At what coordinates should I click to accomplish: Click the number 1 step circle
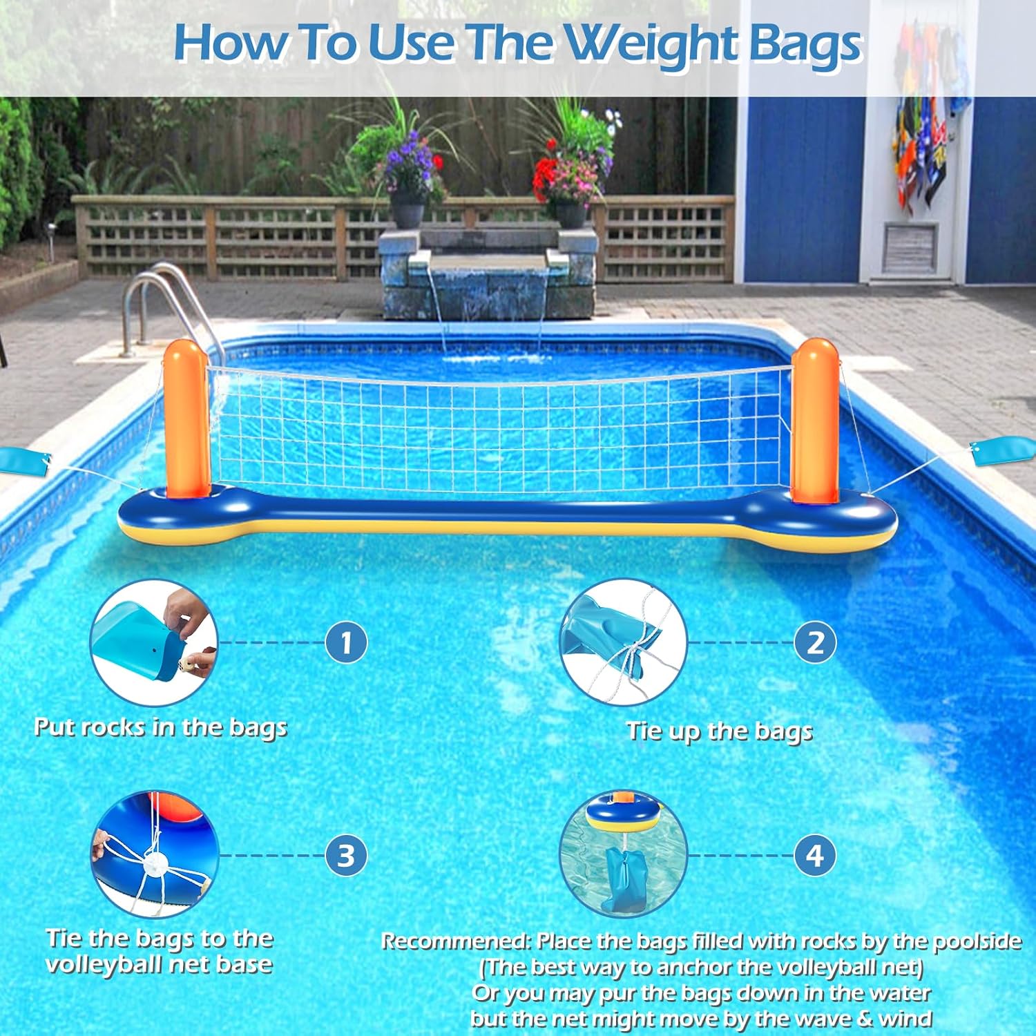(346, 642)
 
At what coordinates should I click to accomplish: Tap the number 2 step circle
(815, 642)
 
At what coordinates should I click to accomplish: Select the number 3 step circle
(346, 855)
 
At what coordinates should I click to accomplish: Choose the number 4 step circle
(815, 855)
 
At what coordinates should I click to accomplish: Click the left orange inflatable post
(186, 419)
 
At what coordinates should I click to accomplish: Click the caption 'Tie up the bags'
(719, 731)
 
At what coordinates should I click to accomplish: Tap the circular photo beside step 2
(623, 642)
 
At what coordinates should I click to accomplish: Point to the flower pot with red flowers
(570, 211)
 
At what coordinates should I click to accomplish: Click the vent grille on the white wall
(910, 248)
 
